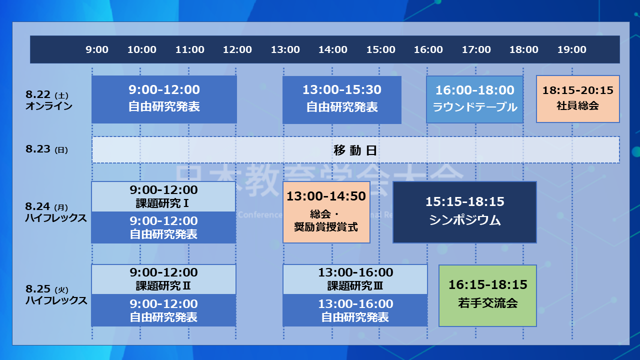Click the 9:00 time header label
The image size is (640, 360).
point(97,49)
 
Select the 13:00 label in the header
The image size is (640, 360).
point(285,49)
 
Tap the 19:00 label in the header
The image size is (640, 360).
point(572,49)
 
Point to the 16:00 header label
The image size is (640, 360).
point(428,49)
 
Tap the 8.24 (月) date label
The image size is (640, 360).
point(47,206)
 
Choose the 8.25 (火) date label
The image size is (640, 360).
point(47,289)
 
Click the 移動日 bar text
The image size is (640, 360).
point(355,150)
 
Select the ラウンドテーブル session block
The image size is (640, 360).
point(474,99)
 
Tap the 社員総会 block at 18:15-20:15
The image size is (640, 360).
point(577,98)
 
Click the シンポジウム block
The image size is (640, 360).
point(464,212)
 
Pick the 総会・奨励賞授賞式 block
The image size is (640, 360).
point(326,212)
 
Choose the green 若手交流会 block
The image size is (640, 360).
point(487,295)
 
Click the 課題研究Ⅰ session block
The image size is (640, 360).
point(163,196)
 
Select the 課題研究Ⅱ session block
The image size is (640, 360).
point(163,279)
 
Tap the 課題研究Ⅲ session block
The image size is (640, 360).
point(355,279)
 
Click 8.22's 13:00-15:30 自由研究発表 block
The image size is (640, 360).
point(342,99)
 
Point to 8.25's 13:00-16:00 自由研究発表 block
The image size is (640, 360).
point(355,310)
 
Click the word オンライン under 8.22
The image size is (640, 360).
point(49,106)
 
